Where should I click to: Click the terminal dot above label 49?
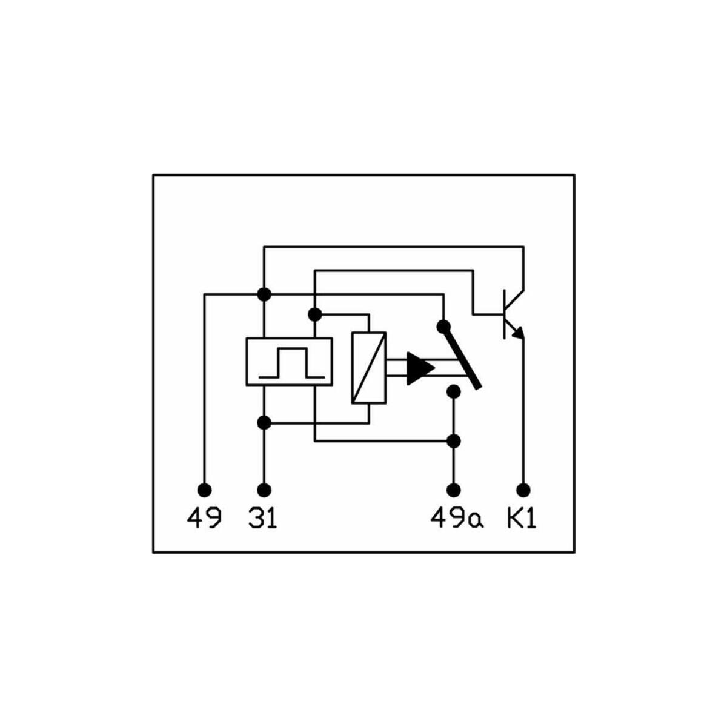tap(205, 490)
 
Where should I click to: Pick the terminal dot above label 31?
tap(264, 490)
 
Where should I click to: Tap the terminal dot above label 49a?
tap(454, 490)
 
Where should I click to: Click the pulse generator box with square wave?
tap(290, 362)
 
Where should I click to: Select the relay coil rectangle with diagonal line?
tap(369, 368)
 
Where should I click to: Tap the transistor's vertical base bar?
tap(505, 314)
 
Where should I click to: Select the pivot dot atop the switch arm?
tap(443, 326)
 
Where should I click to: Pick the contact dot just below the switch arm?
tap(454, 391)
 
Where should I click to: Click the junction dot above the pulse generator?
tap(264, 294)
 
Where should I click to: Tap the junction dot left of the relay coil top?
tap(315, 314)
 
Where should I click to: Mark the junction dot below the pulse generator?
tap(264, 422)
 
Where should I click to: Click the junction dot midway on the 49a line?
tap(454, 440)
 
